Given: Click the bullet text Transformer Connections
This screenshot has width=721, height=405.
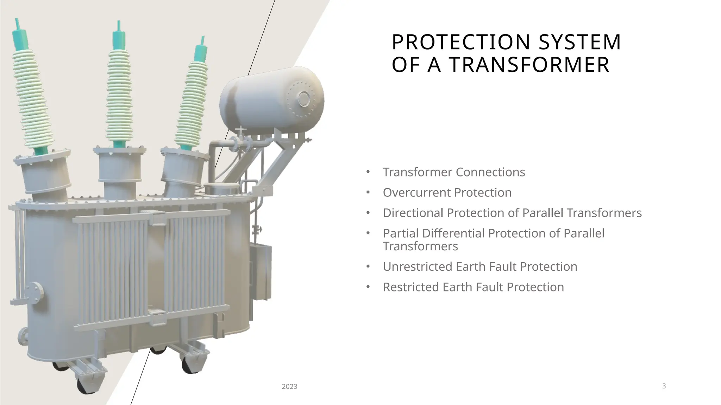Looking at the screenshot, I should point(454,172).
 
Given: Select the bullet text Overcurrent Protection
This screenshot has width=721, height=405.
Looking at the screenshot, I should point(447,193).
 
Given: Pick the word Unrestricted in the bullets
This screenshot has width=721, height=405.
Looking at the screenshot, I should point(418,267).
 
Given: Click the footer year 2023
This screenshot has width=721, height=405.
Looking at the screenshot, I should point(289,387).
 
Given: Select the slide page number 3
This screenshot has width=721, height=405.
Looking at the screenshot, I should point(664,386).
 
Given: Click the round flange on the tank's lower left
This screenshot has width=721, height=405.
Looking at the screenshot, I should point(35,292).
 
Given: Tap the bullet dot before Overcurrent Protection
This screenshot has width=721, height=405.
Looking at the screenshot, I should point(368,193).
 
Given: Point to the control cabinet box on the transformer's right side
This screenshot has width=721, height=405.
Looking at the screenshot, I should point(261,271).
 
